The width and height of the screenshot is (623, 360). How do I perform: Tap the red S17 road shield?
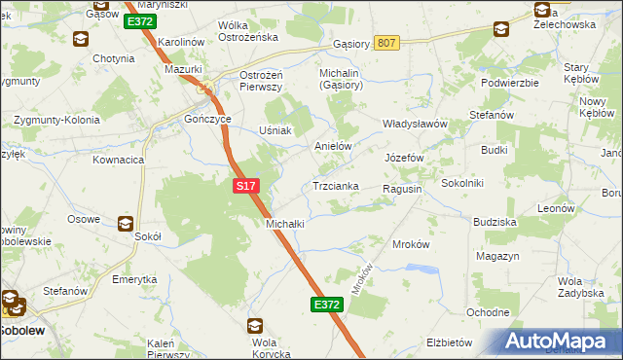pos(245,184)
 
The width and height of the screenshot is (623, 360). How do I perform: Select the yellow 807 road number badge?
pos(386,43)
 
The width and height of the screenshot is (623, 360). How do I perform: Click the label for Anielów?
pos(332,146)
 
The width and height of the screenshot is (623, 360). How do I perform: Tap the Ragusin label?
pos(402,189)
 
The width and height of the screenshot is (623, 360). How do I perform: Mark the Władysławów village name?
pos(414,125)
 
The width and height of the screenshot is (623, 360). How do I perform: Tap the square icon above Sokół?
pos(126,222)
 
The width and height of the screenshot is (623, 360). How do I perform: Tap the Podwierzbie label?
pos(510,83)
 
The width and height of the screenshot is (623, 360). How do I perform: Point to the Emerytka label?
pos(134,279)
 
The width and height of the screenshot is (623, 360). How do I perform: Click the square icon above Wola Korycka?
pos(255,326)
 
